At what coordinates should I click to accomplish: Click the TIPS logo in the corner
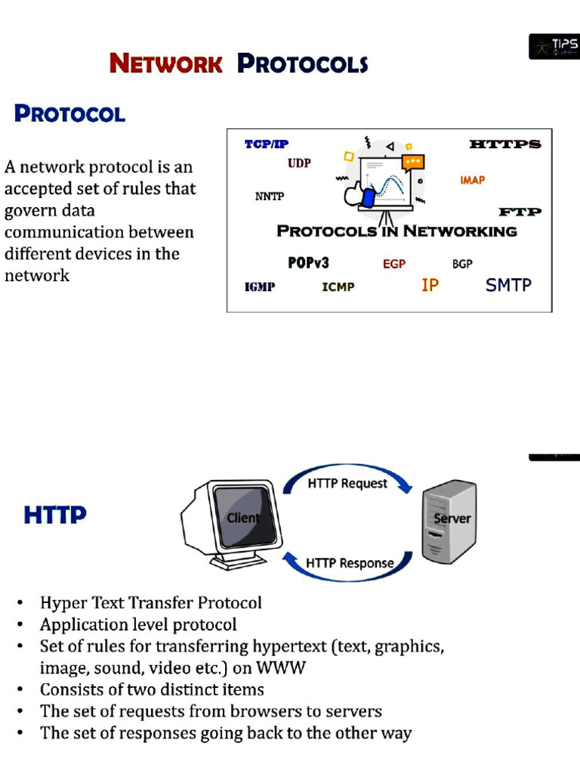coord(554,47)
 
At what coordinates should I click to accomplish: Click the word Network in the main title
coord(166,63)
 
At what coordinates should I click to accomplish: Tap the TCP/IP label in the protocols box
coord(267,144)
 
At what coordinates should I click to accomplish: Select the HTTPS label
coord(504,144)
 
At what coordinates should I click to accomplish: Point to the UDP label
coord(299,163)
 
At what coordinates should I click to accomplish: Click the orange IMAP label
coord(472,180)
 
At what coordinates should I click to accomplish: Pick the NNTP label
coord(270,197)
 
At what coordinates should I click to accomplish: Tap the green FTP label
coord(520,212)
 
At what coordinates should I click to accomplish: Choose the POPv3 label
coord(308,263)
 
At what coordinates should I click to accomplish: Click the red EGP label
coord(394,264)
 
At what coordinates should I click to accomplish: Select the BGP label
coord(462,264)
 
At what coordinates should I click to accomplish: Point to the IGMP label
coord(260,287)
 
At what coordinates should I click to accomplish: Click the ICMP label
coord(338,287)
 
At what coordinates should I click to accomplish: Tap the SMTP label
coord(508,285)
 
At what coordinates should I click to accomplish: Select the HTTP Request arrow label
coord(347,483)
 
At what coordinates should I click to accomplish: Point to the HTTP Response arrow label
coord(350,563)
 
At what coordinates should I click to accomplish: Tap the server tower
coord(449,522)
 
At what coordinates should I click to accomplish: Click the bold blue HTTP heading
coord(55,515)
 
